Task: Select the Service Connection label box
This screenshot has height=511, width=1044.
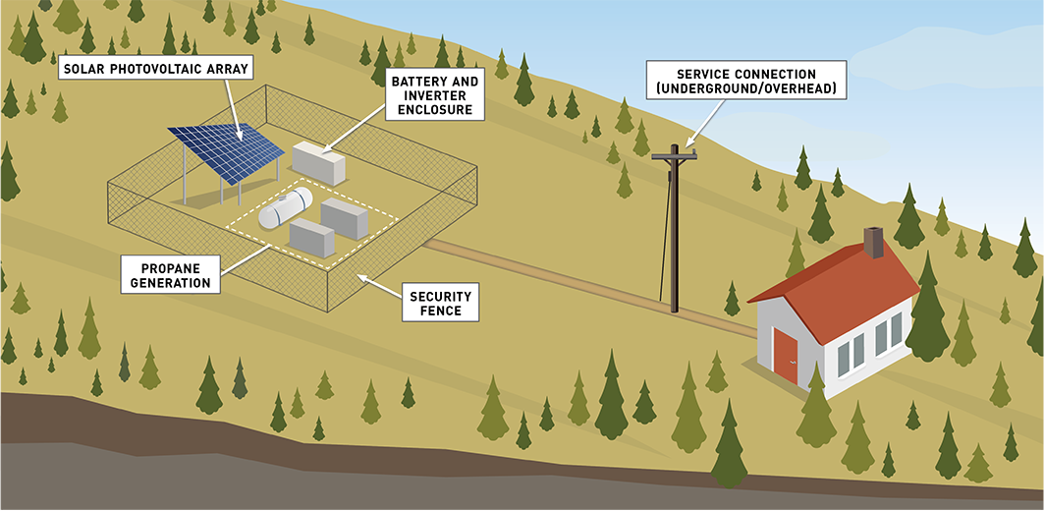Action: coord(745,81)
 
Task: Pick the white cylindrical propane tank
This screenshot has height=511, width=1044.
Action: coord(285,207)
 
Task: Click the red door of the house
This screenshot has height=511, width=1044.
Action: coord(786,355)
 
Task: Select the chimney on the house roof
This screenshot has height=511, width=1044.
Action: coord(873,242)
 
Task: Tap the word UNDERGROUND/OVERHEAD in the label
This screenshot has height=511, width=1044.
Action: coord(745,89)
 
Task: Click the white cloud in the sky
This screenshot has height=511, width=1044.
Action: coord(943,59)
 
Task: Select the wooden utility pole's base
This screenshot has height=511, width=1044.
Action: coord(674,308)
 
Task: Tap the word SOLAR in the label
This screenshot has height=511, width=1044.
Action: coord(84,69)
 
